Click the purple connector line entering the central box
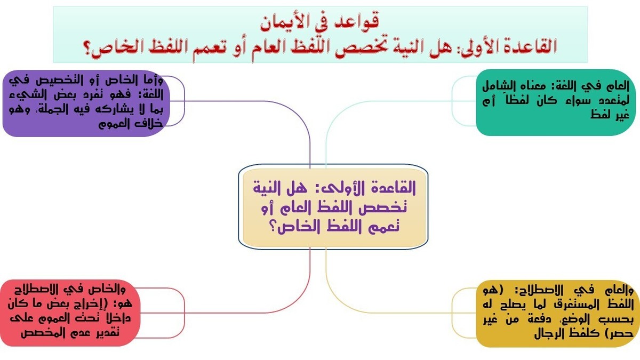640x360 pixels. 310,149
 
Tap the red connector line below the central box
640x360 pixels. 310,267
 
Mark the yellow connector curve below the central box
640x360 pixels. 326,267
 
